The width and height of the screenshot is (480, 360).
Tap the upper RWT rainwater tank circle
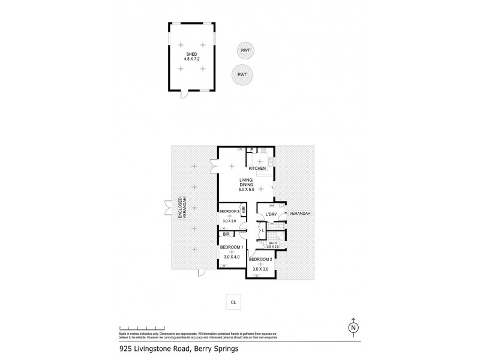(x=244, y=50)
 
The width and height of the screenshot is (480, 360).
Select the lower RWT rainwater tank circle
(x=242, y=74)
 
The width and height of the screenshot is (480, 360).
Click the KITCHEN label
(x=257, y=169)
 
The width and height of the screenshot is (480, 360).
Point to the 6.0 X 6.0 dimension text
(x=245, y=189)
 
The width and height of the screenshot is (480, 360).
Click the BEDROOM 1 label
(x=232, y=247)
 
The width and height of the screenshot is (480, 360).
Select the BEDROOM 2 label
(x=261, y=260)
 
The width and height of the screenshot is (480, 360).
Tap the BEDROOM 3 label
(x=230, y=212)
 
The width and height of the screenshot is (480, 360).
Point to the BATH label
(x=273, y=244)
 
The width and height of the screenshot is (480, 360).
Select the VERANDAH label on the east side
(x=299, y=214)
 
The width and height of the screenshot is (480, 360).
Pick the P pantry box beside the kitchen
(x=252, y=150)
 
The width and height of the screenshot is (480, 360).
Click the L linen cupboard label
(x=263, y=230)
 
